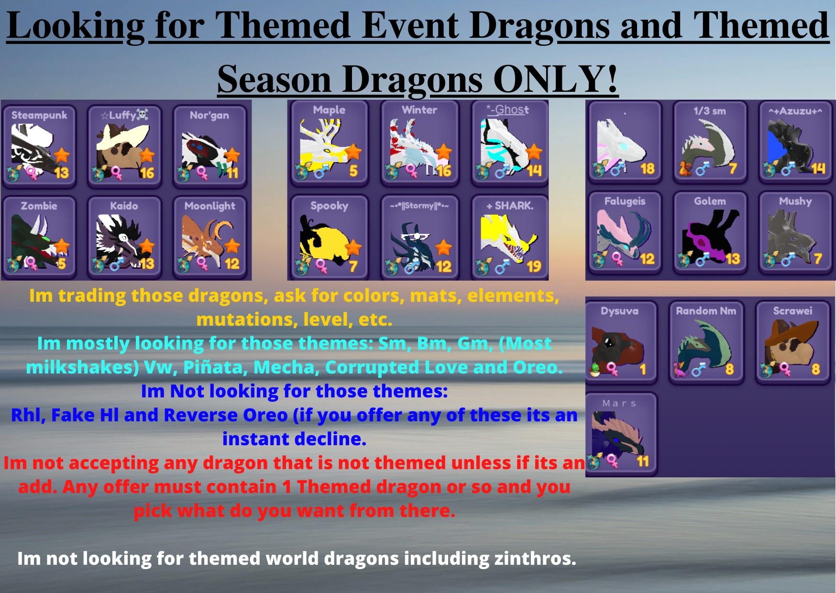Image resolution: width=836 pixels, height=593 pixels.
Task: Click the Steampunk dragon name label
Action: [x=39, y=115]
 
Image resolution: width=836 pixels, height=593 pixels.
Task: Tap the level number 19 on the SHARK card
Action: [x=534, y=266]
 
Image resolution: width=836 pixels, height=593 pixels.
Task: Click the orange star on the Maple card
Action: [x=353, y=152]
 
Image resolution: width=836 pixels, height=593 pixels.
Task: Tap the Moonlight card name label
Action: [x=210, y=206]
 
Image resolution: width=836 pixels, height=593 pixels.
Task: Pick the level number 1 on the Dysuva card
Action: [x=643, y=369]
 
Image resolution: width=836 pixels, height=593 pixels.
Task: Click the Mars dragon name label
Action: [x=619, y=403]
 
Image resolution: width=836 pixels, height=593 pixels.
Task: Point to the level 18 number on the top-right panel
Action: [x=647, y=168]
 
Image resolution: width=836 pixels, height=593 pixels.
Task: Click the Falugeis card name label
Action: [x=625, y=201]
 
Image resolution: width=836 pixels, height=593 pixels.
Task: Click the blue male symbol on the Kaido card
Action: [x=116, y=264]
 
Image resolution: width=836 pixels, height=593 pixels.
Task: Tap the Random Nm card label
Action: [x=706, y=311]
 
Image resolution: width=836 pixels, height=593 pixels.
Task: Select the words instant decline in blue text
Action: [x=294, y=439]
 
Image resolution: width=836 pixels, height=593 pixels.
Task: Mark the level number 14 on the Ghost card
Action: [x=534, y=171]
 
